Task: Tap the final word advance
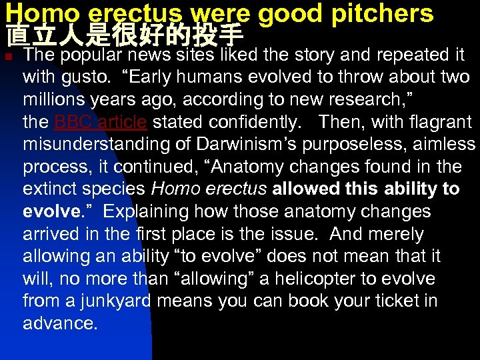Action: click(59, 324)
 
